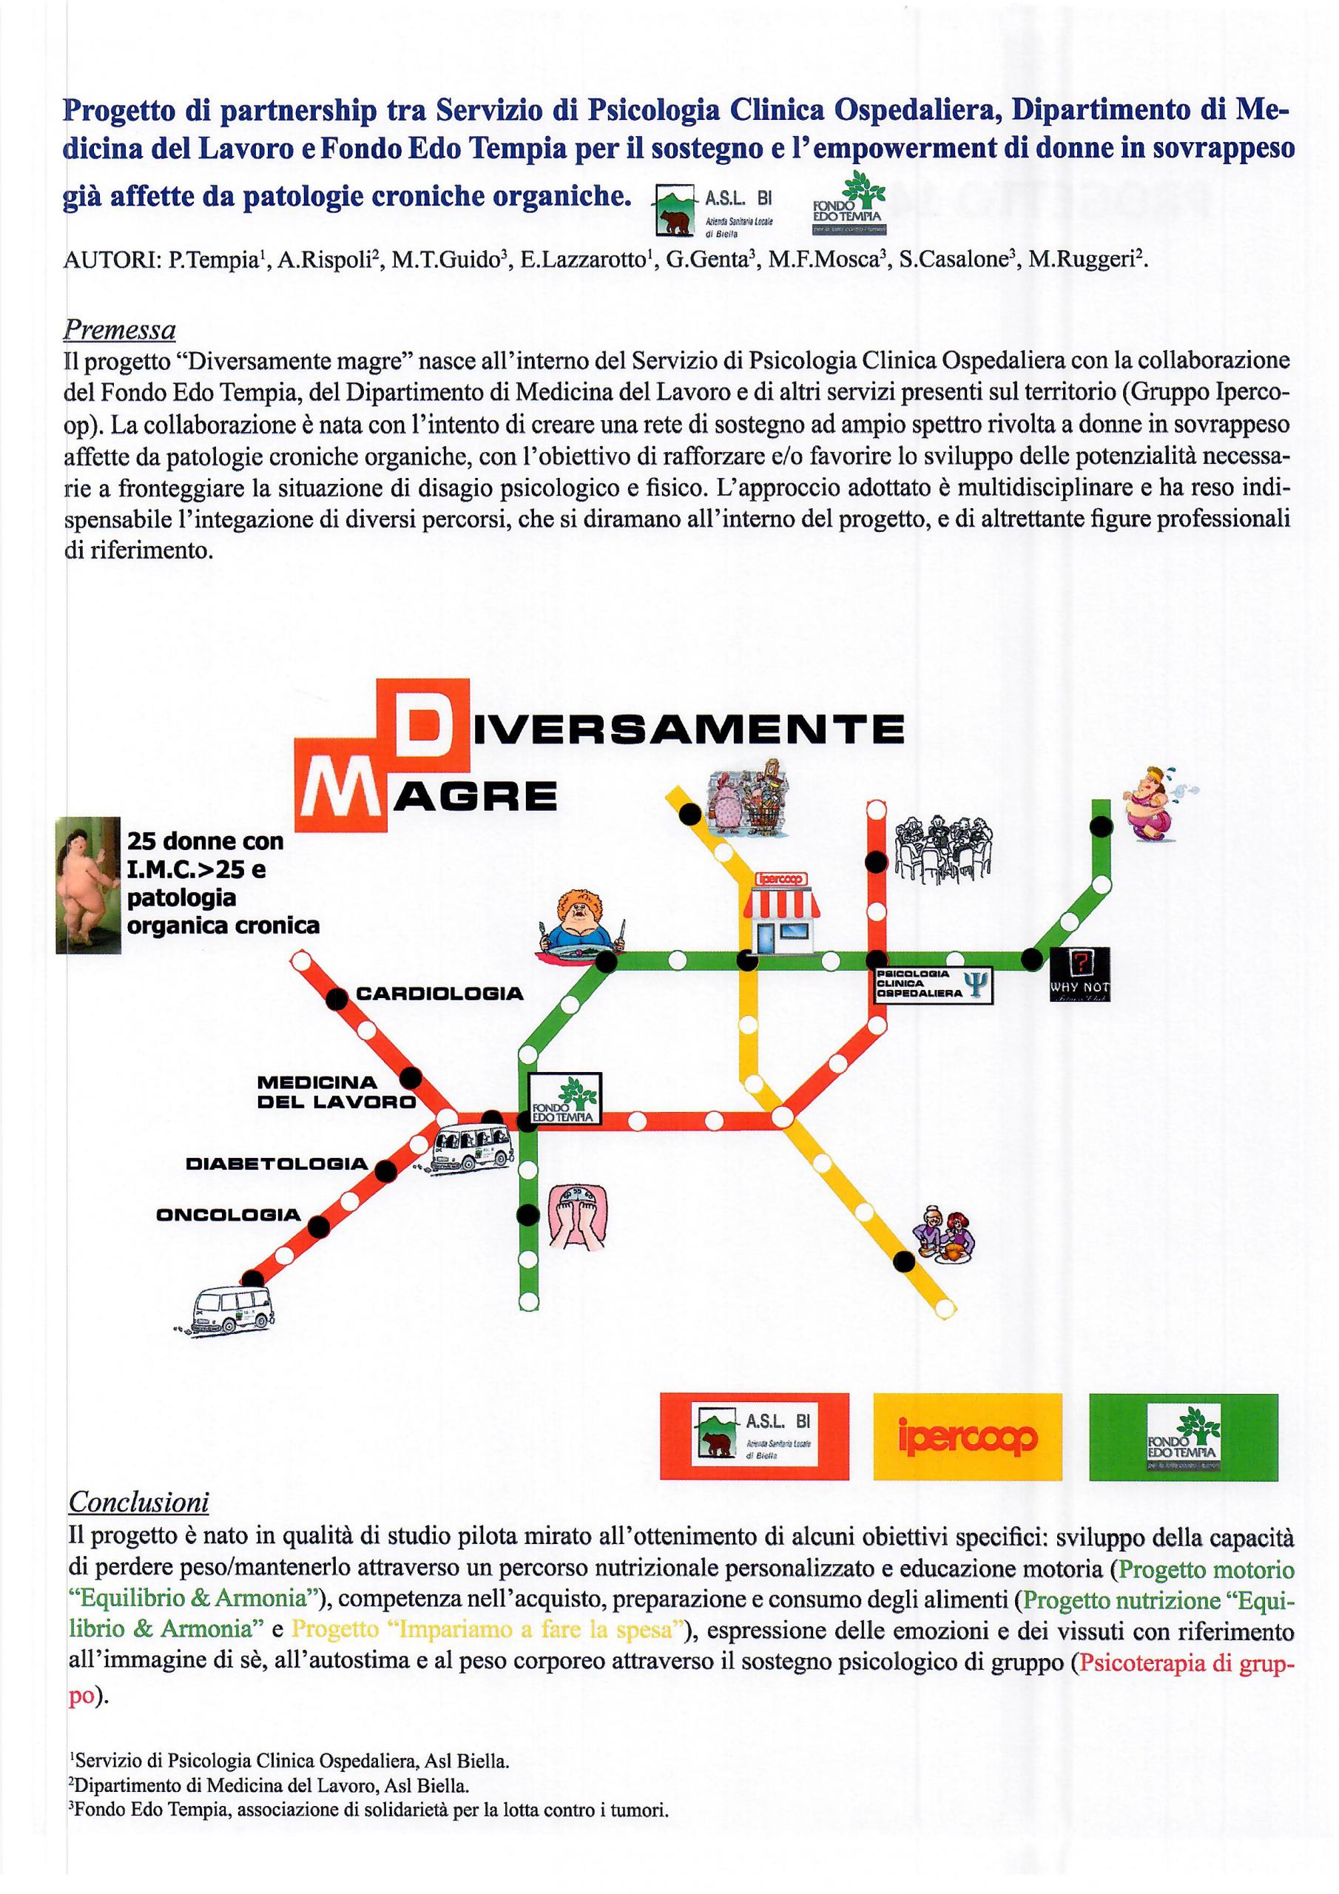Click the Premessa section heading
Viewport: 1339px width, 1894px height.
coord(120,331)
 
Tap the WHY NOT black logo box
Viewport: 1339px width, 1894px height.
coord(1080,974)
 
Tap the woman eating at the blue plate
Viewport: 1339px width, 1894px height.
coord(581,923)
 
